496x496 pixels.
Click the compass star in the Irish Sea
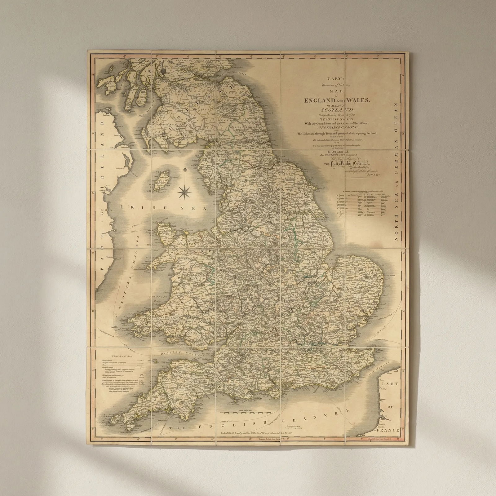(x=185, y=192)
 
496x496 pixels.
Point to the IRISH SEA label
(x=163, y=209)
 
